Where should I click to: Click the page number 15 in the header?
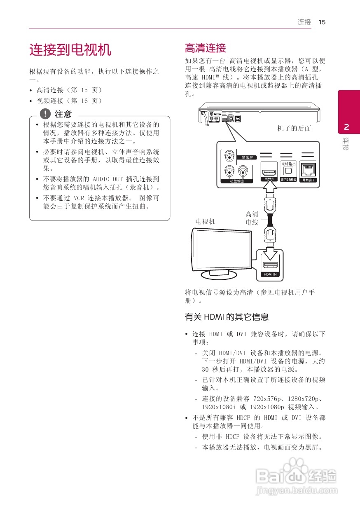[x=322, y=22]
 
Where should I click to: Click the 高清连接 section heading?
[x=206, y=48]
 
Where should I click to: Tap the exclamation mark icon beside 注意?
[x=45, y=114]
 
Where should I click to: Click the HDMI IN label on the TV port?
[x=270, y=274]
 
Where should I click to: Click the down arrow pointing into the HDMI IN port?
[x=270, y=250]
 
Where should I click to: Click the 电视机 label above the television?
[x=205, y=221]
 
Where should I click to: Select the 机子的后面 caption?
[x=294, y=129]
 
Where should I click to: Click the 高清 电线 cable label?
[x=252, y=218]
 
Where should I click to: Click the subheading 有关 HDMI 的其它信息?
[x=227, y=317]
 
